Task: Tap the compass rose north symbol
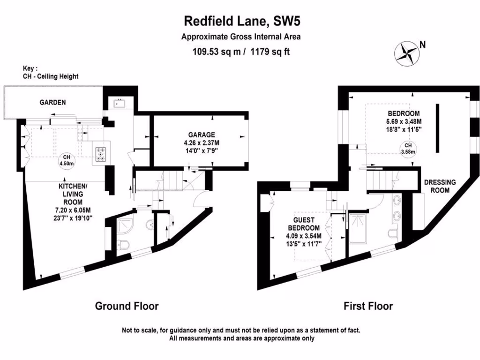(407, 52)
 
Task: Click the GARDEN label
(52, 102)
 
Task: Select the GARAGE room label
(199, 135)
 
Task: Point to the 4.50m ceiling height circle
(67, 160)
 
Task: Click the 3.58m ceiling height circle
(406, 148)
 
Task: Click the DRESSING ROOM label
(436, 186)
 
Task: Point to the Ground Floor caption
(127, 306)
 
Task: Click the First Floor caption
(368, 306)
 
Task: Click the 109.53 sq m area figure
(217, 52)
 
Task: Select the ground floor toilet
(121, 244)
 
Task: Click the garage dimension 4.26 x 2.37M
(199, 142)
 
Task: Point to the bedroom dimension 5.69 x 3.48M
(404, 122)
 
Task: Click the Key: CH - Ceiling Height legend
(51, 72)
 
